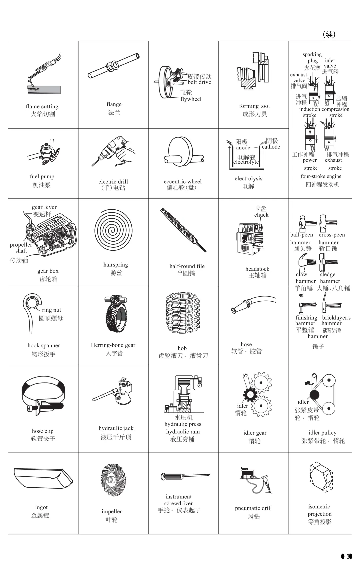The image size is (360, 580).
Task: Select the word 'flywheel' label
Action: pyautogui.click(x=191, y=99)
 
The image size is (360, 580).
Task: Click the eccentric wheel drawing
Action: pyautogui.click(x=182, y=152)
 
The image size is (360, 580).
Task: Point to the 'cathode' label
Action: pyautogui.click(x=271, y=147)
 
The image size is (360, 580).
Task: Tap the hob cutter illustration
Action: pyautogui.click(x=182, y=315)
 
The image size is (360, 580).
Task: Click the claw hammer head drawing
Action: pyautogui.click(x=303, y=262)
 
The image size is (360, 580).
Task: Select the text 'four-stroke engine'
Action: pyautogui.click(x=321, y=176)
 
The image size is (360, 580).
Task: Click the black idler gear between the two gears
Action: pyautogui.click(x=249, y=394)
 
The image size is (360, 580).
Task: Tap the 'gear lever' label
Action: pyautogui.click(x=44, y=207)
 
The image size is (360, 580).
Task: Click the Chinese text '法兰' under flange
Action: pyautogui.click(x=114, y=113)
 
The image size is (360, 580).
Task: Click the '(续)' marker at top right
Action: pyautogui.click(x=329, y=34)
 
